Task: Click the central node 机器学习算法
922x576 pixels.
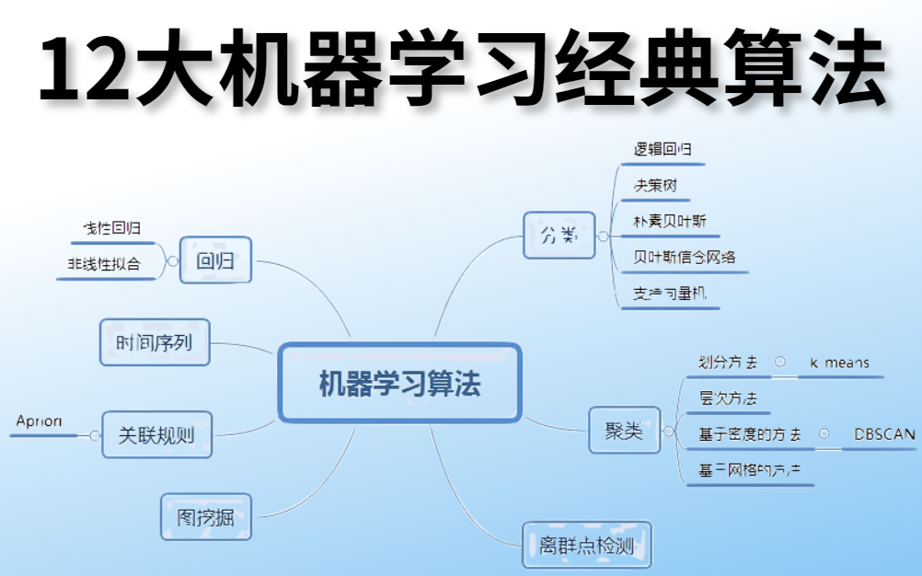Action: pos(399,384)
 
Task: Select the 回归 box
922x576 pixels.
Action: pos(215,261)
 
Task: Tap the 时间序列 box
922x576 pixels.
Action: pos(155,343)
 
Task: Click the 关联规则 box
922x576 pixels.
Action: pos(156,435)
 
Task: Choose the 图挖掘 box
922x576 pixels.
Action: pos(205,517)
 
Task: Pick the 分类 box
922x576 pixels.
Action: pos(559,236)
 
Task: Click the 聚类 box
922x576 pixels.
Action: pos(624,431)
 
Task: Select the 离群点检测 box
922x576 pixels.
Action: pos(586,547)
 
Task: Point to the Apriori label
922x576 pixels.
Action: pos(40,420)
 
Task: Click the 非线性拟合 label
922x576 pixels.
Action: pos(104,263)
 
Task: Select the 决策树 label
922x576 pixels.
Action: pos(655,185)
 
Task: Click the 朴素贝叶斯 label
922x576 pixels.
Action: pos(670,221)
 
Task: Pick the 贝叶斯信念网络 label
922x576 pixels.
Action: pos(685,257)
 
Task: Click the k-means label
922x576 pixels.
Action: pos(839,363)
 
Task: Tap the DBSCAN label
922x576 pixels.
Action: pos(884,434)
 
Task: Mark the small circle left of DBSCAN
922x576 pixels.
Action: pos(824,433)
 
